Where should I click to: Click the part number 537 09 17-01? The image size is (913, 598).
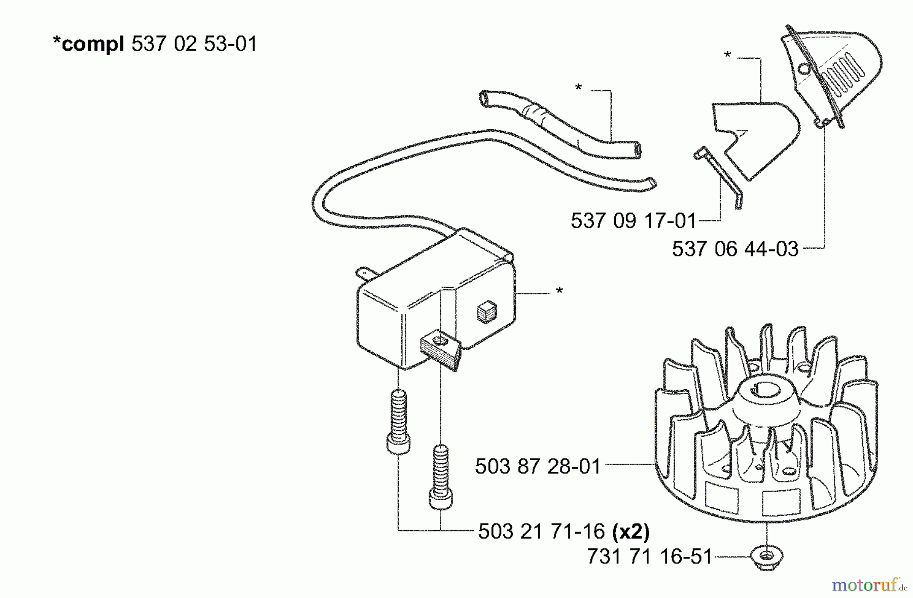[x=633, y=221]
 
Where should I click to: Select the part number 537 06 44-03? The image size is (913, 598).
[x=735, y=249]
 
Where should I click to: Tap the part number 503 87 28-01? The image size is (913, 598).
[x=538, y=466]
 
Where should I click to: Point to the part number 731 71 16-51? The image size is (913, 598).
[x=650, y=557]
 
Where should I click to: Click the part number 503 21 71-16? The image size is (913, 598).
[x=541, y=531]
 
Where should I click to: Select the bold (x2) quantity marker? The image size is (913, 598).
[x=631, y=531]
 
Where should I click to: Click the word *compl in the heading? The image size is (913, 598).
[x=88, y=44]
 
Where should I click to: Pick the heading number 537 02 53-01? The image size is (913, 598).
[x=194, y=44]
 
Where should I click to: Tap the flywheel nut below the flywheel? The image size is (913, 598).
[x=767, y=558]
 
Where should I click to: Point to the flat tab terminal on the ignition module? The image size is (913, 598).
[x=366, y=274]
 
